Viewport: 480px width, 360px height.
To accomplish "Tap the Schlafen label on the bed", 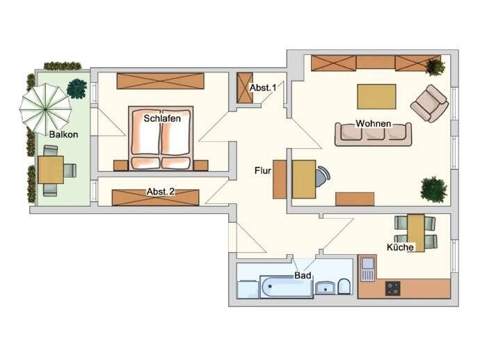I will point(162,118).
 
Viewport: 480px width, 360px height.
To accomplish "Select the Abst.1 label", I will point(263,87).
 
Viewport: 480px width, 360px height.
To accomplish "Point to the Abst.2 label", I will point(159,191).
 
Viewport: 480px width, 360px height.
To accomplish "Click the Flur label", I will point(262,169).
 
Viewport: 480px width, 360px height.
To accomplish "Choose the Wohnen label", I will point(373,124).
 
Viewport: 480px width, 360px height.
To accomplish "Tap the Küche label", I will point(401,247).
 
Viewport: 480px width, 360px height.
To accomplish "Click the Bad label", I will point(302,276).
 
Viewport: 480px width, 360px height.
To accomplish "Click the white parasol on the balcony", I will point(45,105).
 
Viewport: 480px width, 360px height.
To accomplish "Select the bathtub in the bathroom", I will point(286,287).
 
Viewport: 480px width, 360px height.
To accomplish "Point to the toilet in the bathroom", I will point(344,287).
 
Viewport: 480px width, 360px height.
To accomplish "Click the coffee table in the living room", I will point(376,96).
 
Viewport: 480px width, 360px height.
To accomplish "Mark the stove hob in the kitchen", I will point(394,288).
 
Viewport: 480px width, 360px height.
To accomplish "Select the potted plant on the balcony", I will point(77,88).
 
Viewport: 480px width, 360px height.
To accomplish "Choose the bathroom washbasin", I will point(324,287).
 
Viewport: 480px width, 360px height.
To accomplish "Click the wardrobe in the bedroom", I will point(161,80).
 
